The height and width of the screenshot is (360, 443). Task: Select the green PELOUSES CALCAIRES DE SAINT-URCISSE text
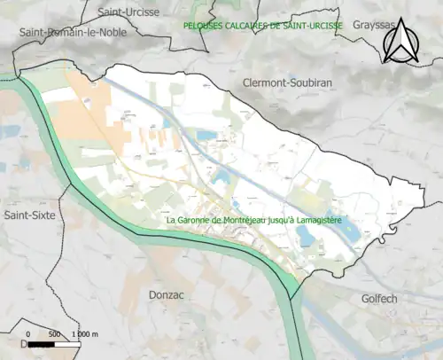click(x=262, y=26)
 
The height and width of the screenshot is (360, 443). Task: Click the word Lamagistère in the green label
click(x=317, y=220)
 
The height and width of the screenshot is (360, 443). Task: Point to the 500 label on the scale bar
click(x=57, y=333)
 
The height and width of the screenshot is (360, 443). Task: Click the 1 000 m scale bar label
click(x=89, y=333)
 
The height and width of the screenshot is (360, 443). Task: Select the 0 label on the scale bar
click(x=29, y=333)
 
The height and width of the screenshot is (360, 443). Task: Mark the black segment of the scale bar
click(x=43, y=342)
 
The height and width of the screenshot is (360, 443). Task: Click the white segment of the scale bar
click(x=70, y=342)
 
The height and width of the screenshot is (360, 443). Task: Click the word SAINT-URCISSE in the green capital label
click(x=313, y=26)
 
